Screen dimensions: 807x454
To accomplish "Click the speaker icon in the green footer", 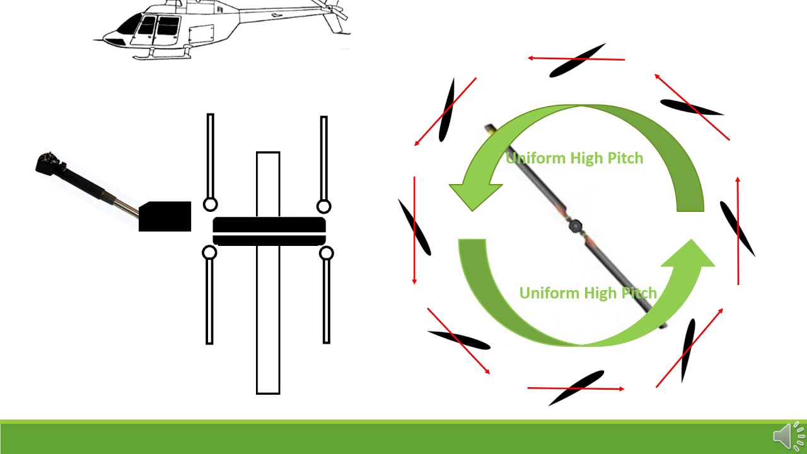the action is click(789, 436).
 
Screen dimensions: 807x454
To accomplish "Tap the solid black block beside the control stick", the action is click(165, 216).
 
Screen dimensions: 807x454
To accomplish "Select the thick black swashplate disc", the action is click(269, 231).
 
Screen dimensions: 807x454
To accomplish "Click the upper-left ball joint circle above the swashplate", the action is click(211, 205).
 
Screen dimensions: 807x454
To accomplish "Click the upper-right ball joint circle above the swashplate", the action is click(323, 207).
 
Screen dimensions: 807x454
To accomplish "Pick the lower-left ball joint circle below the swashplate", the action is click(209, 253).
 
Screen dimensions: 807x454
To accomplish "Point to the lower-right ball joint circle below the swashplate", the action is click(326, 253).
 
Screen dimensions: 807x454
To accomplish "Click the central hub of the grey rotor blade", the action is click(576, 226).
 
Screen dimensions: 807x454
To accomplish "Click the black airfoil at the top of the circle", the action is click(577, 60).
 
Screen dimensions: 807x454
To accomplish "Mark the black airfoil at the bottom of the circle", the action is click(576, 388).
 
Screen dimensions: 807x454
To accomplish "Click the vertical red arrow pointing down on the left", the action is click(414, 230).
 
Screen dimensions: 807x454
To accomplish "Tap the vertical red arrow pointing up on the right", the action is click(738, 231).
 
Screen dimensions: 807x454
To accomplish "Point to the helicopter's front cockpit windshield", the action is click(129, 25).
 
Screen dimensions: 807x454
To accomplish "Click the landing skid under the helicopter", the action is click(162, 55).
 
